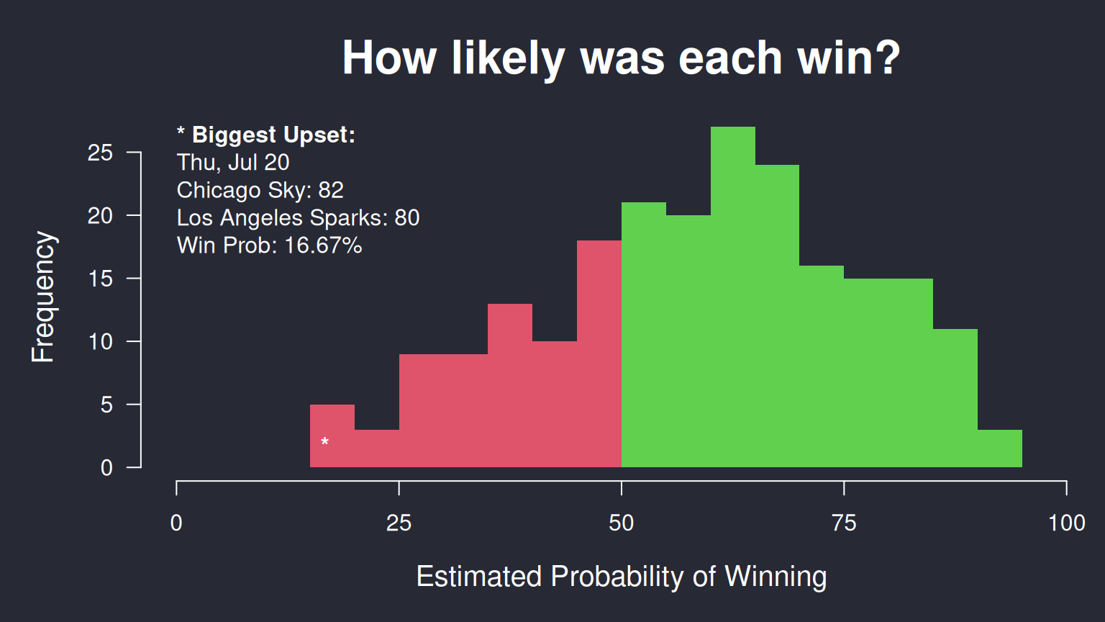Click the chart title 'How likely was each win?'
[621, 58]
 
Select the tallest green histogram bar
[732, 297]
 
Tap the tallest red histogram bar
[599, 353]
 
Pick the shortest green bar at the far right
[1000, 449]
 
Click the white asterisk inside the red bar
[324, 441]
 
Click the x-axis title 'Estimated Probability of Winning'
[621, 576]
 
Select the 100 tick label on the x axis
[1067, 523]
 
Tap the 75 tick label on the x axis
[844, 523]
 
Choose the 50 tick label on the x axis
[621, 523]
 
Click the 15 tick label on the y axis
[100, 279]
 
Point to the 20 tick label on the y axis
[100, 216]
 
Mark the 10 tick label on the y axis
[100, 342]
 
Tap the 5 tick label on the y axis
[106, 405]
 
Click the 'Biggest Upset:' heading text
[274, 135]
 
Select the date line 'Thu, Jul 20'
[233, 163]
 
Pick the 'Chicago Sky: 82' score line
[260, 190]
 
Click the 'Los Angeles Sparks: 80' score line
[298, 217]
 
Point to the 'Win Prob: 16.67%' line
[269, 245]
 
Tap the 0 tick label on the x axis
[176, 523]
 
